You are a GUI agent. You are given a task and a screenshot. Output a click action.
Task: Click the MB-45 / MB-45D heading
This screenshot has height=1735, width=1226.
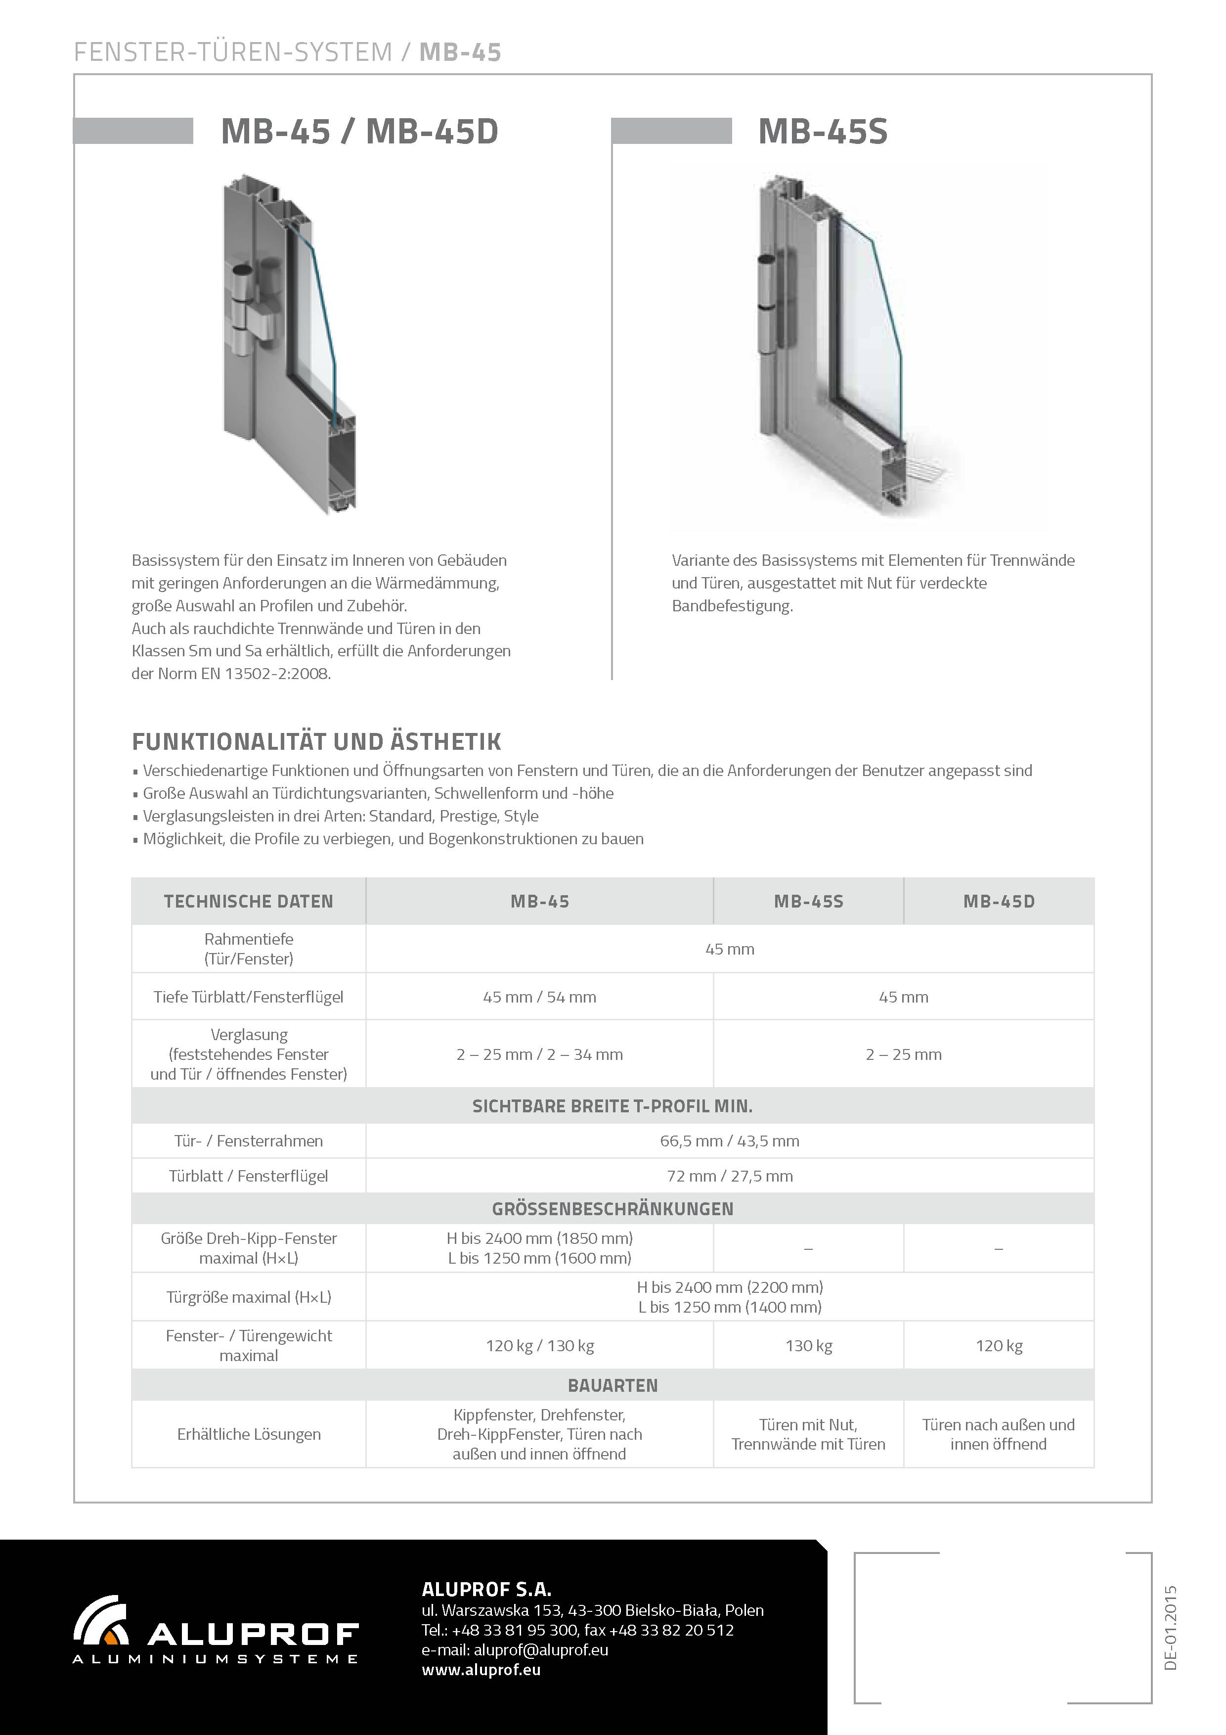[x=359, y=132]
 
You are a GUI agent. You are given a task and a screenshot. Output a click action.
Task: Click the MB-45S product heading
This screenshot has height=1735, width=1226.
[x=823, y=132]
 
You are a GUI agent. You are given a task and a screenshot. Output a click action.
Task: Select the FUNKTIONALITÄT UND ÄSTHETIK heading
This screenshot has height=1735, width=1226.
[x=316, y=741]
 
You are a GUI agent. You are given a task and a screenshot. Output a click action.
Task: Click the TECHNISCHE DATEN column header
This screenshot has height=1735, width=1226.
[x=249, y=902]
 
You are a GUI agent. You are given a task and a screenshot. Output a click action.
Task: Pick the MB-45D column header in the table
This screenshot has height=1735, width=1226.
[x=999, y=902]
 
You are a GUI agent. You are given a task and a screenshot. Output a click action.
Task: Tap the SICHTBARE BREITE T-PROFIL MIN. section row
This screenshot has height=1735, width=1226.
[x=613, y=1106]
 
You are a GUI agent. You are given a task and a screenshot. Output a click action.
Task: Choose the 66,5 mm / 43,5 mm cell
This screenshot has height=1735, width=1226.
[x=730, y=1141]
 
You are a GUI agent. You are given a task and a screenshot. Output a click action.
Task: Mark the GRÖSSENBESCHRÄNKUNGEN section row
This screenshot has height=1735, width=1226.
[x=613, y=1209]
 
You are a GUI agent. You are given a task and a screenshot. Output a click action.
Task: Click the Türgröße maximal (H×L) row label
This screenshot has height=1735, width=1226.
[x=249, y=1297]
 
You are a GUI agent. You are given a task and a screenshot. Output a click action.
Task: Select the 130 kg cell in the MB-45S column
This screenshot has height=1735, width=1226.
[x=808, y=1346]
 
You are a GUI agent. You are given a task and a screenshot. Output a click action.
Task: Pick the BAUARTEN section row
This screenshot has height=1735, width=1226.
[x=613, y=1385]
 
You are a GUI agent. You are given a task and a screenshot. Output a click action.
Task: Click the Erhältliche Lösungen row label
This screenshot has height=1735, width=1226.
[x=249, y=1434]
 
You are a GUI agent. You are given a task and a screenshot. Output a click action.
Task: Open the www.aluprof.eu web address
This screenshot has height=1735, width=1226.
[x=481, y=1670]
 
